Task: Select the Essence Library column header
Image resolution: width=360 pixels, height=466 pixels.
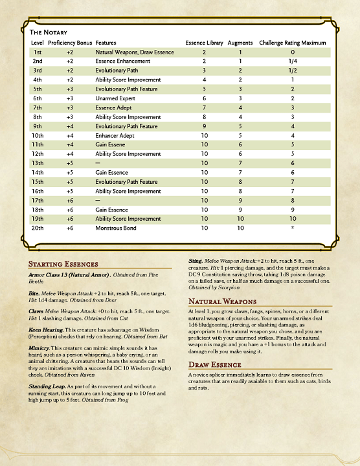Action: (x=204, y=42)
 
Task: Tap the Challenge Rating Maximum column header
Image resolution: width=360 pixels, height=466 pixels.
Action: (x=292, y=42)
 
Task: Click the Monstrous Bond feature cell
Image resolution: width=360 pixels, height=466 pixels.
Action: (x=117, y=228)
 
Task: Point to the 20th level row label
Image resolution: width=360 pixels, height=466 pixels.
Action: (x=38, y=228)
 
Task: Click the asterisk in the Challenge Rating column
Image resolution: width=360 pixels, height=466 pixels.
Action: (x=293, y=228)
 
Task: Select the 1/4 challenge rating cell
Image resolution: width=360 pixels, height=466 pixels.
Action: (x=293, y=60)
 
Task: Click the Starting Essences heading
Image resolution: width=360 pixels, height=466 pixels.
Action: (x=64, y=264)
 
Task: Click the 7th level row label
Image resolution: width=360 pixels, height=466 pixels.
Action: (x=37, y=107)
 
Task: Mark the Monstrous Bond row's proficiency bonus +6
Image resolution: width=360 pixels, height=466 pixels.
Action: (x=70, y=228)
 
